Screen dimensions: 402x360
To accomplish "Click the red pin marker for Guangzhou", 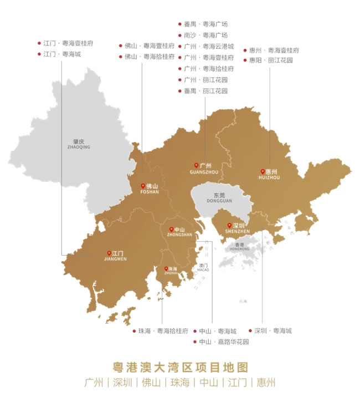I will (x=196, y=165).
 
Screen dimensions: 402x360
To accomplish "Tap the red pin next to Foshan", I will (x=143, y=186).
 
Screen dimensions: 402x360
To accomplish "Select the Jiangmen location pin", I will (x=109, y=253).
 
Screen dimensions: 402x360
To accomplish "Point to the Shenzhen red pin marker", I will (x=230, y=226).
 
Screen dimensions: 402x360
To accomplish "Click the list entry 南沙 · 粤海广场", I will (x=205, y=35).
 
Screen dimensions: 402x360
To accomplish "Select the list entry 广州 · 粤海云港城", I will (x=209, y=46).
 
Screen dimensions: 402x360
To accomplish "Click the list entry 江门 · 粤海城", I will (x=61, y=54).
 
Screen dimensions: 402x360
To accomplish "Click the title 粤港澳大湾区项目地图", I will (x=179, y=367).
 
